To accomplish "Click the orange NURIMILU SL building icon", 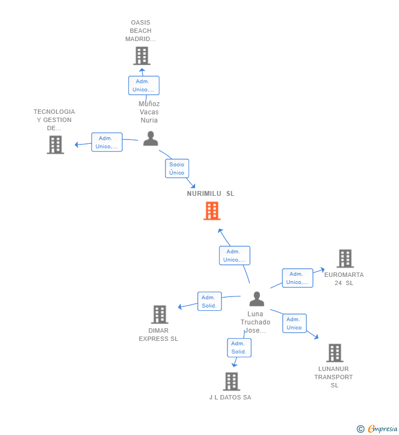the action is tap(212, 211).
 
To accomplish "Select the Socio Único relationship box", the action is tap(177, 169).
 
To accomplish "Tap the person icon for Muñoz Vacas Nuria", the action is tap(151, 139).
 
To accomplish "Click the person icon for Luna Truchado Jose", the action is tap(256, 299).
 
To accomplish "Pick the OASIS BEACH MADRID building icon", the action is tap(142, 56).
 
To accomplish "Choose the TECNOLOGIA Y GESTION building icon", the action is tap(55, 144).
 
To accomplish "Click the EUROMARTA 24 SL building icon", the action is tap(345, 258).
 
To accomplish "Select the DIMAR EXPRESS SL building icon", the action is tap(159, 315).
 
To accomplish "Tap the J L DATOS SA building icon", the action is tap(231, 381).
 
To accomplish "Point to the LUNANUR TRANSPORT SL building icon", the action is tap(334, 353).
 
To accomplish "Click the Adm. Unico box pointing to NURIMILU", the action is tap(235, 256).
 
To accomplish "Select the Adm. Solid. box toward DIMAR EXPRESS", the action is tap(209, 301).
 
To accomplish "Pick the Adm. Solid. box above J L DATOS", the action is tap(239, 347).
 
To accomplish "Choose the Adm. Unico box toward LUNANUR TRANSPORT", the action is tap(294, 323).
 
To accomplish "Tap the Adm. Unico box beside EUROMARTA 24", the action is tap(298, 278).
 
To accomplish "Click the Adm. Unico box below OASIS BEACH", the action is tap(144, 85).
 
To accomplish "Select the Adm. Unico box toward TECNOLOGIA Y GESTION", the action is tap(107, 142).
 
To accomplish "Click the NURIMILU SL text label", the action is tap(210, 194).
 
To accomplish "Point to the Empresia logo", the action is tap(377, 428).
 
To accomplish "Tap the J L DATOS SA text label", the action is tap(230, 397).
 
